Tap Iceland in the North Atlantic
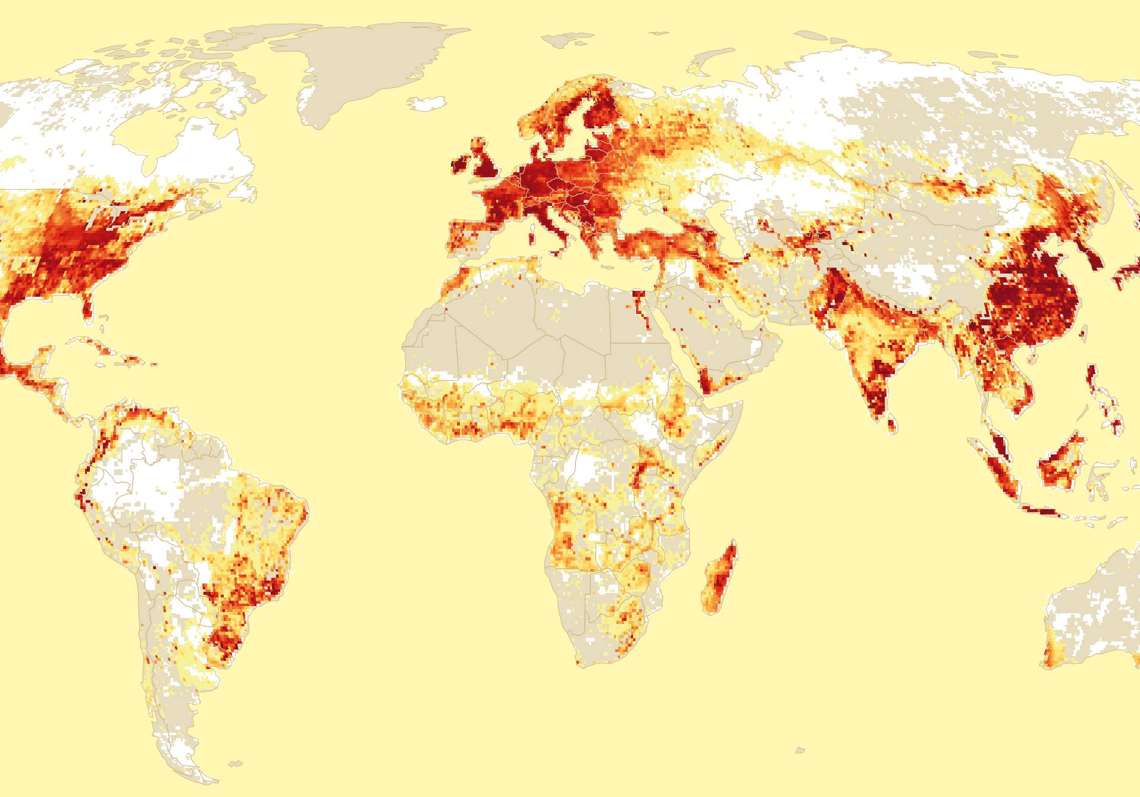click(x=427, y=105)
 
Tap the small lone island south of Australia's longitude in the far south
click(x=800, y=751)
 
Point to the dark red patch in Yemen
click(x=705, y=384)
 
